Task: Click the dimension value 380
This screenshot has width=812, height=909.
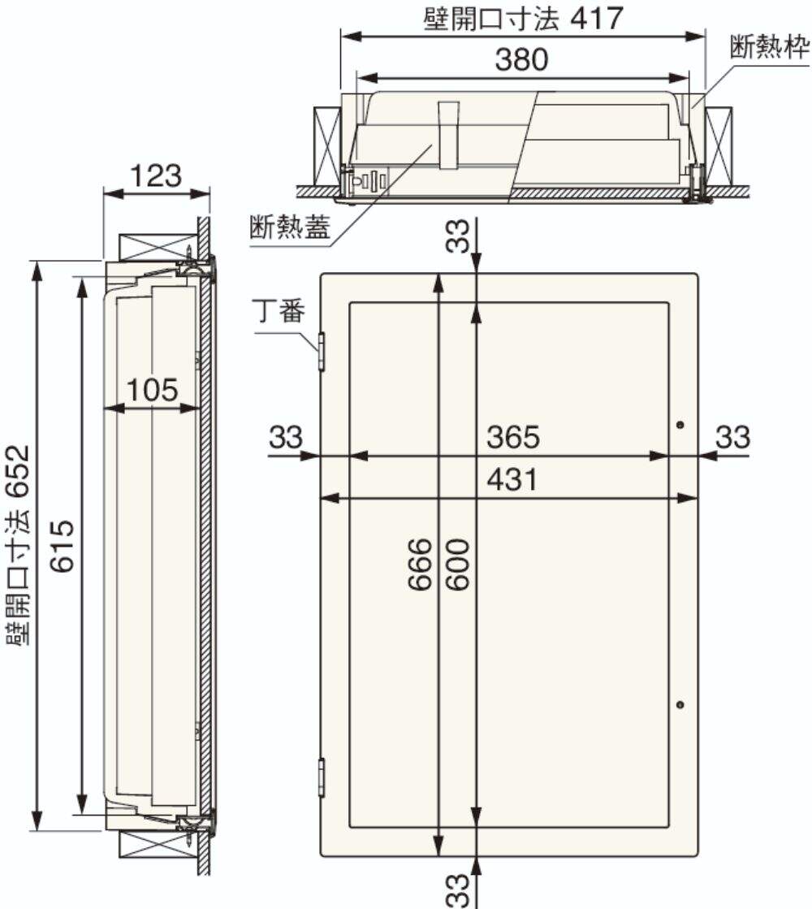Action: tap(521, 59)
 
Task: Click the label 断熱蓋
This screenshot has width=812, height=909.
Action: tap(290, 226)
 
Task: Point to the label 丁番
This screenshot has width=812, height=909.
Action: tap(279, 311)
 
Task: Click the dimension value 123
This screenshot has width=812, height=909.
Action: tap(155, 175)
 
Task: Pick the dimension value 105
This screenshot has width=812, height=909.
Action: tap(152, 390)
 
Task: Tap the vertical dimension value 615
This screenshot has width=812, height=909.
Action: tap(62, 546)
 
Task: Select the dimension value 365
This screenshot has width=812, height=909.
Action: tap(513, 436)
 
